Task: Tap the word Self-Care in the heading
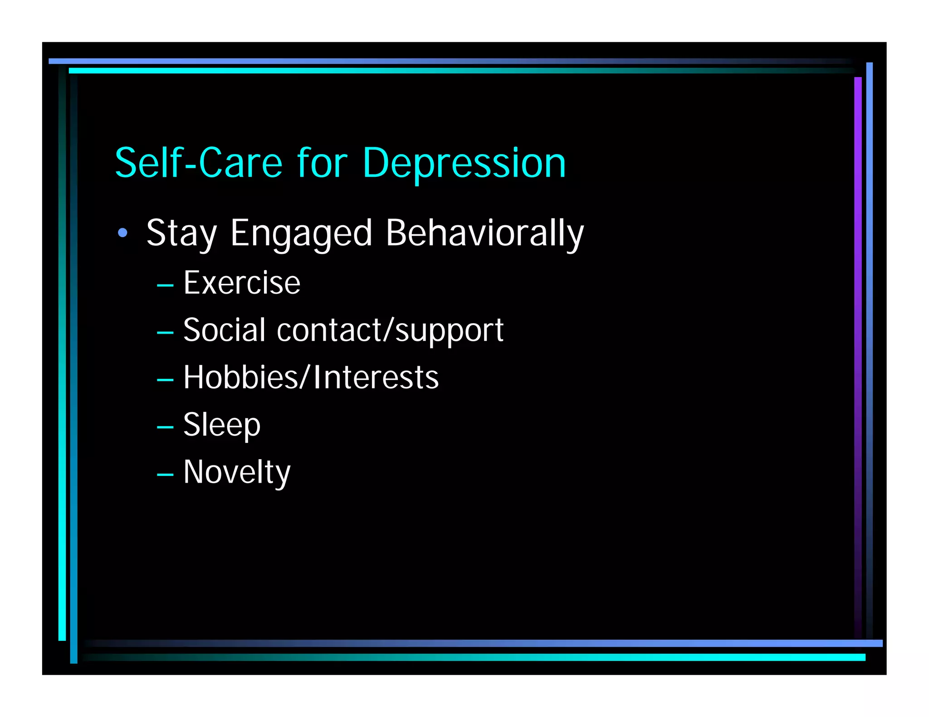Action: (199, 163)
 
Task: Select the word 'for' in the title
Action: (322, 163)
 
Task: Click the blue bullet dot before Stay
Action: (122, 233)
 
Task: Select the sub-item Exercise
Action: (242, 283)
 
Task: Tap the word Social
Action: (224, 330)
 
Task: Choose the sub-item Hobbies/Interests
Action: (311, 378)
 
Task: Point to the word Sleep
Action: (222, 425)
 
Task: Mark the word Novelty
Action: (237, 473)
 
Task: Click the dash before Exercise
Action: (165, 286)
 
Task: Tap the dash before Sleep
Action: (165, 427)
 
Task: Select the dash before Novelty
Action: (165, 475)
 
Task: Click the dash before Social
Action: (165, 333)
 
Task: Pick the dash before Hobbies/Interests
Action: (165, 380)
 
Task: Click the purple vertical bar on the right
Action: (857, 317)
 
